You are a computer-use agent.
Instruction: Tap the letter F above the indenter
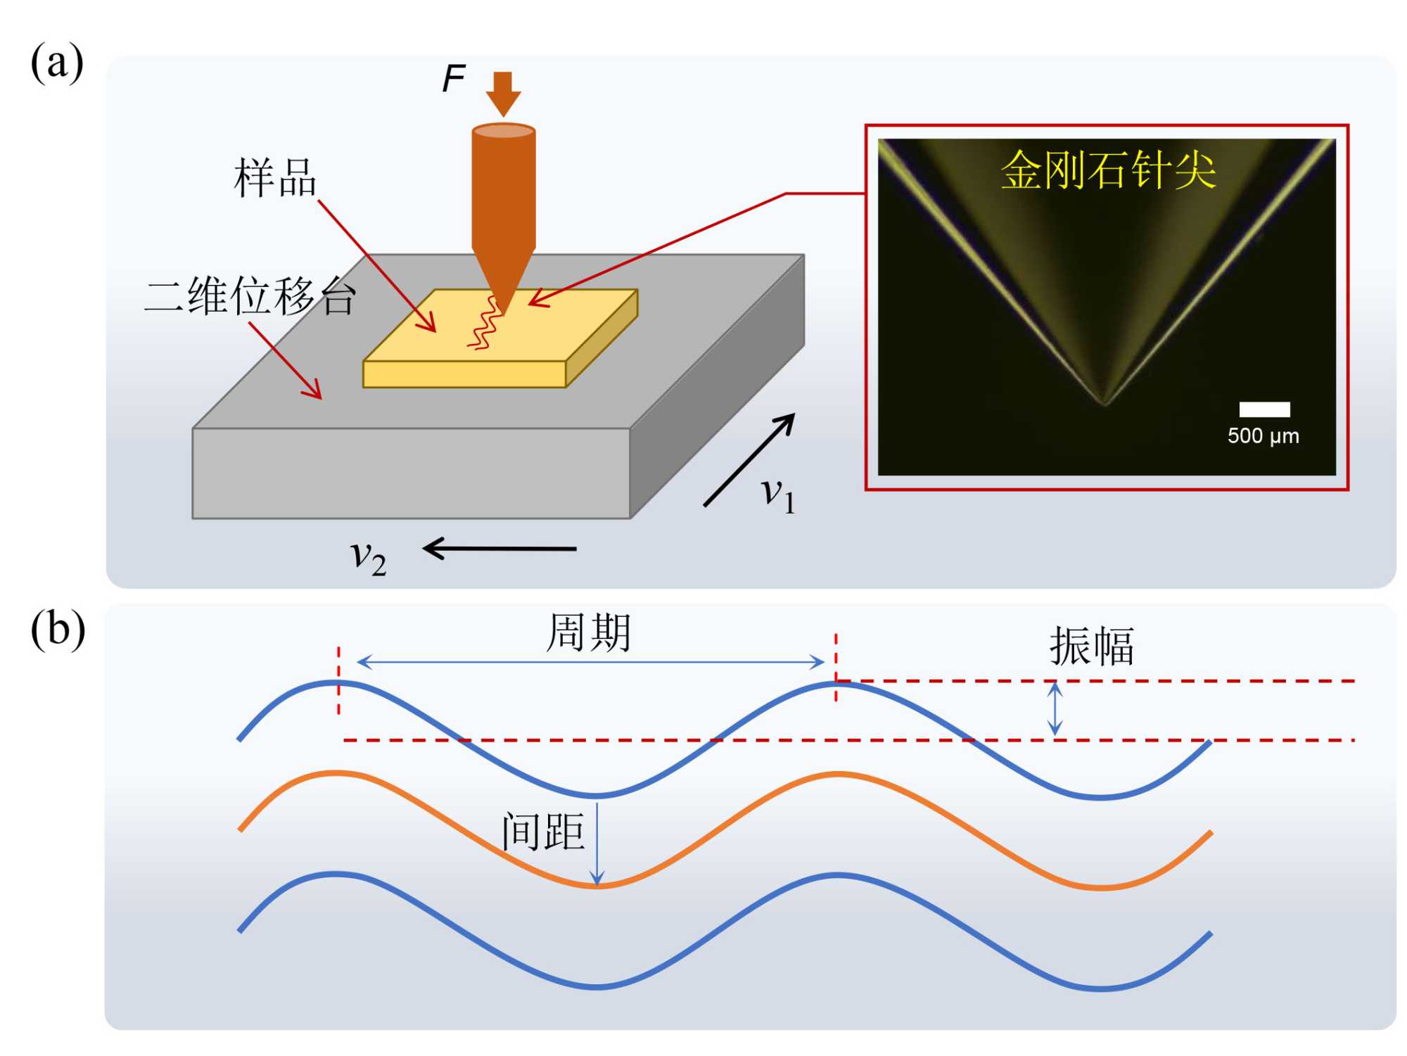(x=454, y=78)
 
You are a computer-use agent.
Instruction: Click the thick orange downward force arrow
(x=503, y=94)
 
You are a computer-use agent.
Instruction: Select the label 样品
(x=275, y=178)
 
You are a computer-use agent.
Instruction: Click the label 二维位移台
(x=250, y=296)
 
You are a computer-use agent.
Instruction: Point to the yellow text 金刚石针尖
(x=1108, y=170)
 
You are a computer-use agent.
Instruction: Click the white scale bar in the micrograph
(x=1264, y=409)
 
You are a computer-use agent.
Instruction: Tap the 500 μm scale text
(x=1263, y=436)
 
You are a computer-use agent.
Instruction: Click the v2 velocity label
(x=368, y=558)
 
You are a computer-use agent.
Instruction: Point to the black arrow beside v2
(x=499, y=548)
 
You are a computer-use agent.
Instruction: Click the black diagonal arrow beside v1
(x=749, y=460)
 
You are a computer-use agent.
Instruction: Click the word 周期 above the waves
(x=589, y=632)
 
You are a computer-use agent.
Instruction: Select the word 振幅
(x=1091, y=646)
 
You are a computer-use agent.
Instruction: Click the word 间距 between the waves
(x=543, y=832)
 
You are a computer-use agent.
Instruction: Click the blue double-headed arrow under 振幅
(x=1055, y=709)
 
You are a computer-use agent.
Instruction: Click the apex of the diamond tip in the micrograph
(x=1104, y=403)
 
